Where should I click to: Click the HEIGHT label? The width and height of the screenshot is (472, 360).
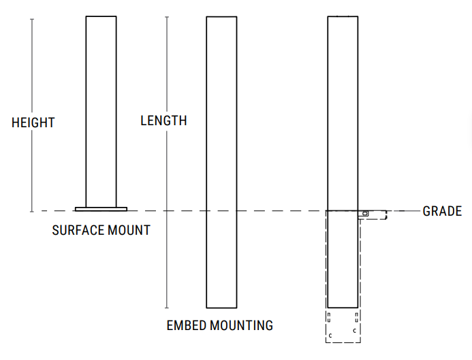(x=33, y=123)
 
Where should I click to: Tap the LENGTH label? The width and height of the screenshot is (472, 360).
(x=163, y=121)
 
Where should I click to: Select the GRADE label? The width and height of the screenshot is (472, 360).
(x=442, y=211)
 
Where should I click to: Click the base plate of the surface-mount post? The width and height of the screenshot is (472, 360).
(x=101, y=208)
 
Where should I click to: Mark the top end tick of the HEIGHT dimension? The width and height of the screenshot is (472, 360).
(x=32, y=19)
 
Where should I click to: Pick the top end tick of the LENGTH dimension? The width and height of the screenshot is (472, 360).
(x=167, y=16)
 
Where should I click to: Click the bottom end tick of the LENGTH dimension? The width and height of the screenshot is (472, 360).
(x=167, y=308)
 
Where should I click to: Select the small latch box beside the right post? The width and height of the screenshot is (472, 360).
(x=364, y=213)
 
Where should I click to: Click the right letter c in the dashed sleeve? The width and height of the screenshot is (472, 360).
(x=354, y=331)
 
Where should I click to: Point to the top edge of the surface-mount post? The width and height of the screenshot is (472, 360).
(x=101, y=16)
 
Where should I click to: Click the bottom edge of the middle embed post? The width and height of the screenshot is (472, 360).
(x=221, y=308)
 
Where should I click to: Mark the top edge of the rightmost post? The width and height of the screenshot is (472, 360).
(x=343, y=16)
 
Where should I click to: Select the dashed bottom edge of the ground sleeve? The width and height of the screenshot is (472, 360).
(x=343, y=342)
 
